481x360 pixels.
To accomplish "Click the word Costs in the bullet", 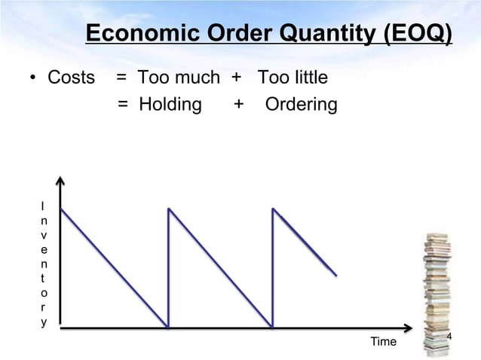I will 72,78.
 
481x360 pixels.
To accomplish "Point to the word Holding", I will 170,105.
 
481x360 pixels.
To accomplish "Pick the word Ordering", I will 301,105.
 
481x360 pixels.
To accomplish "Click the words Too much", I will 178,78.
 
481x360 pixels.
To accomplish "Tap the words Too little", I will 293,78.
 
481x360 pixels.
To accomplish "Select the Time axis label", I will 383,342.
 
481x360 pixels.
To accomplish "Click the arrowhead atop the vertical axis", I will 61,183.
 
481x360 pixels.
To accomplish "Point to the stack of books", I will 437,294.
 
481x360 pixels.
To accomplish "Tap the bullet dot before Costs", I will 34,78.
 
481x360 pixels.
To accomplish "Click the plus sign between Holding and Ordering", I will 239,105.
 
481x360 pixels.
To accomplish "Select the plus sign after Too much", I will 235,78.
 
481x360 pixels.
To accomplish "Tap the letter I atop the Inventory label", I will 43,206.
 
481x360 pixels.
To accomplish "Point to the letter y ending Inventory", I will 43,322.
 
